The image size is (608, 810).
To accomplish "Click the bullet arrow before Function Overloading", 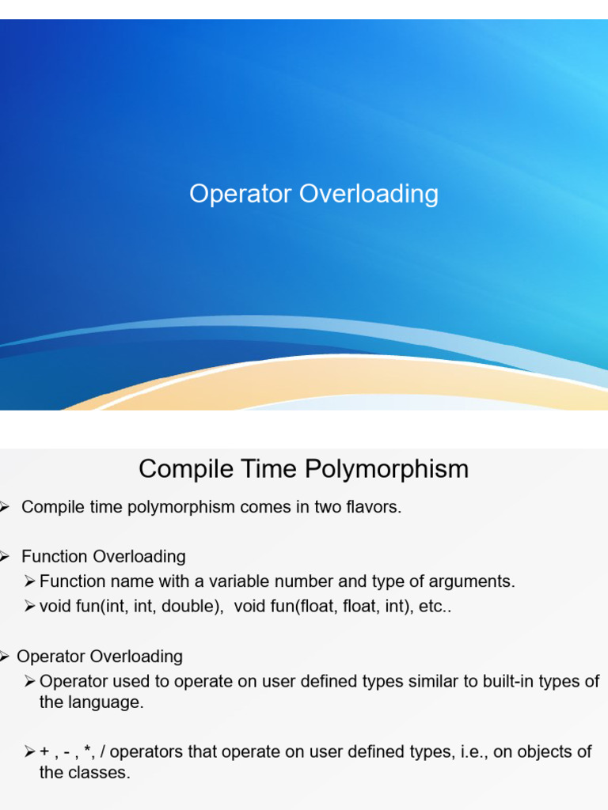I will coord(3,557).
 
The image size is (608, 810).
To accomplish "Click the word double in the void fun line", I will coord(191,607).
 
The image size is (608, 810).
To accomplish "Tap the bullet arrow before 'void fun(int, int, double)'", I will coord(30,607).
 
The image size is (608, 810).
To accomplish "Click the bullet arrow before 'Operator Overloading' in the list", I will coord(3,657).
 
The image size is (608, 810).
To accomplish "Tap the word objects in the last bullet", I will coord(543,752).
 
